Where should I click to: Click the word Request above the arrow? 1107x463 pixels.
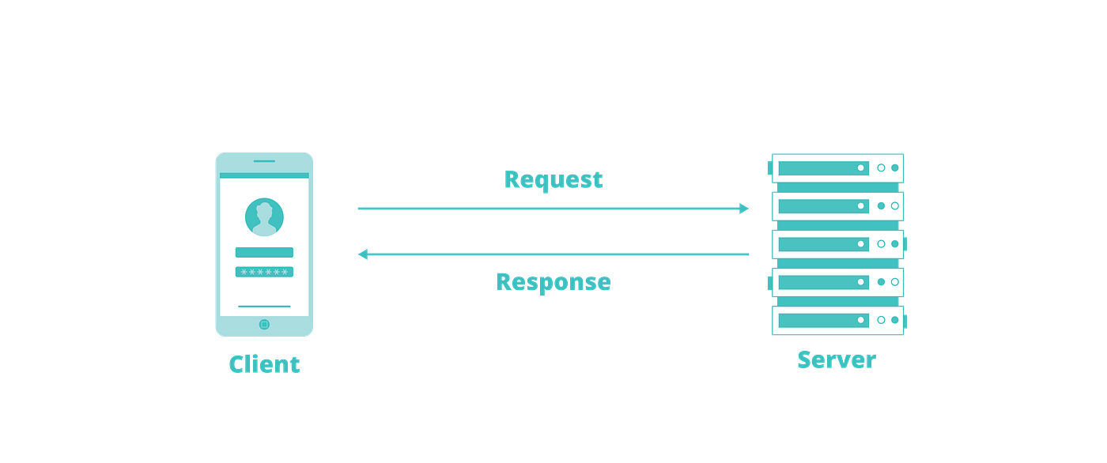tap(553, 180)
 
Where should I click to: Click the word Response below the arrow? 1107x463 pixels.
tap(553, 282)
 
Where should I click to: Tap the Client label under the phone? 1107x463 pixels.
tap(264, 364)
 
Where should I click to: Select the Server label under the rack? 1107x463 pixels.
tap(837, 360)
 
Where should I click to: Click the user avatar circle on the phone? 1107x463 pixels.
tap(264, 217)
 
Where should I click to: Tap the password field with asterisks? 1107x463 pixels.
tap(264, 272)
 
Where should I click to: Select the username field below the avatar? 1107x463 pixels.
tap(264, 253)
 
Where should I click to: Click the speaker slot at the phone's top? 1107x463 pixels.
tap(264, 160)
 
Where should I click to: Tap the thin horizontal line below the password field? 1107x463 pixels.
tap(264, 306)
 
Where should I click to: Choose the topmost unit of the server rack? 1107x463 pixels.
tap(838, 168)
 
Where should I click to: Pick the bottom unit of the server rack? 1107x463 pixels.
tap(838, 320)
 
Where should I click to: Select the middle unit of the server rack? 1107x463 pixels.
tap(838, 244)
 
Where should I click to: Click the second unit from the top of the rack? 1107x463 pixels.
tap(838, 206)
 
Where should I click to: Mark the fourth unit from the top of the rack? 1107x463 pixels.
tap(838, 282)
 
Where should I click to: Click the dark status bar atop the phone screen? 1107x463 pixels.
tap(264, 175)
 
